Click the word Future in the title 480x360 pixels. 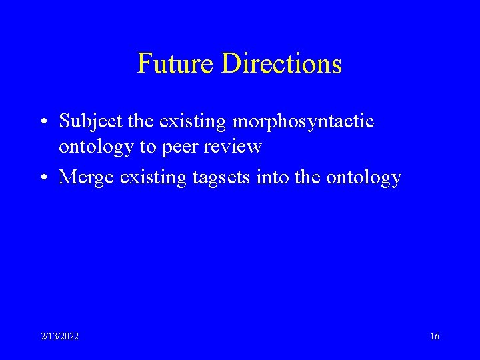pos(176,63)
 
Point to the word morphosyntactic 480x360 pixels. pos(303,121)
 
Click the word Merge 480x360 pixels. pos(83,177)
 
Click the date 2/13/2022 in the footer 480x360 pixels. pos(59,337)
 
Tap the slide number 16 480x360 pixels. pos(434,337)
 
